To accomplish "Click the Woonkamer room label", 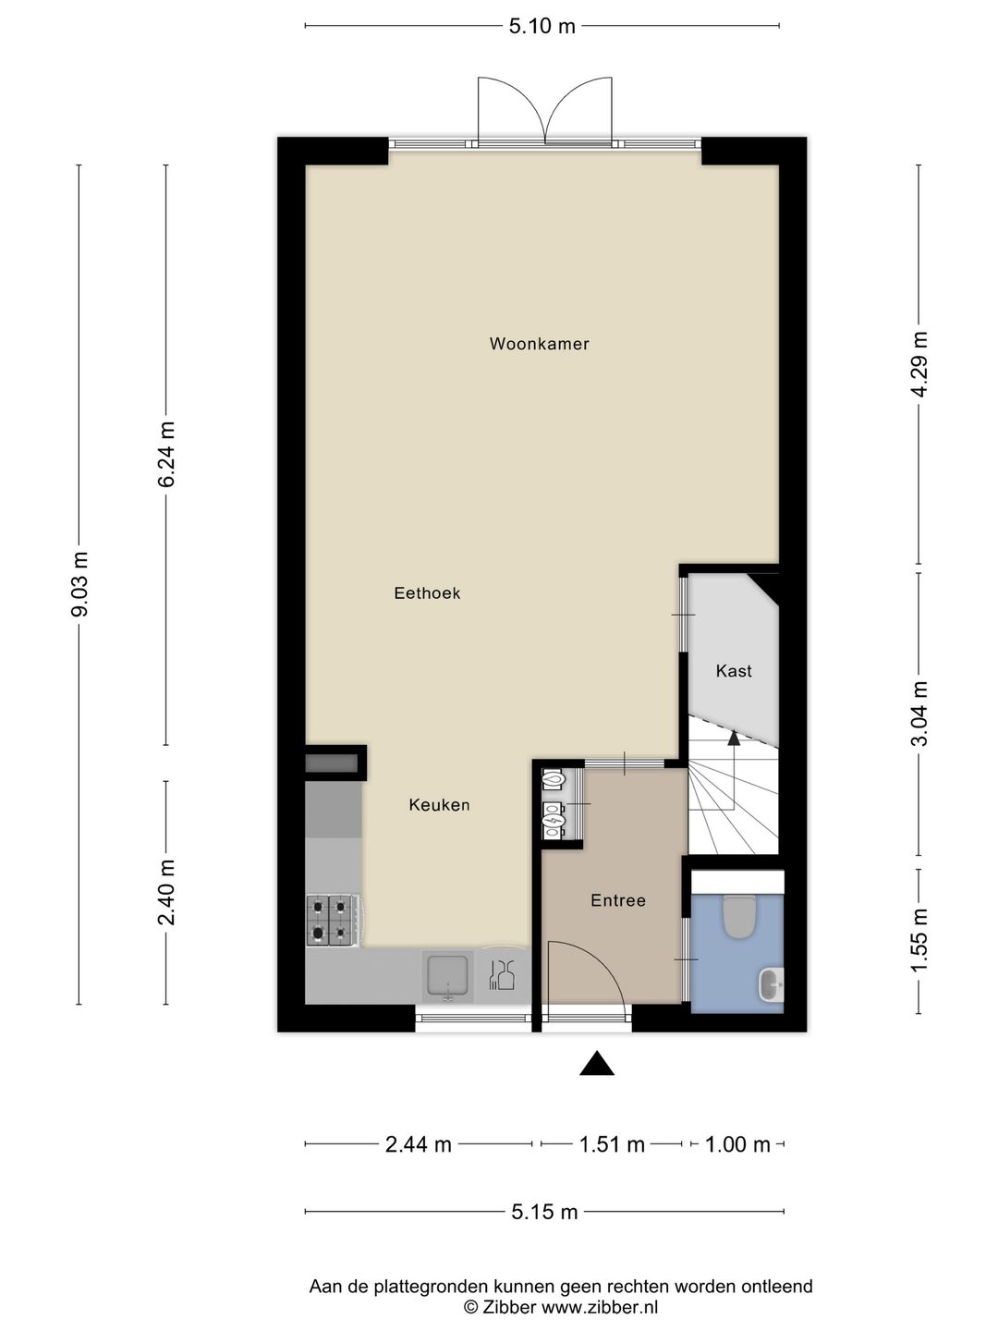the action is pyautogui.click(x=540, y=344).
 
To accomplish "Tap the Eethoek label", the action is pyautogui.click(x=427, y=593).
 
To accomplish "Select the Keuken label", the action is pyautogui.click(x=439, y=805).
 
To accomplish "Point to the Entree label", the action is pyautogui.click(x=618, y=900).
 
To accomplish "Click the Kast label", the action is pyautogui.click(x=734, y=671).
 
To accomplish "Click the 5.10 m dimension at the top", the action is pyautogui.click(x=542, y=26).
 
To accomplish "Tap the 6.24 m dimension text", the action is pyautogui.click(x=166, y=454).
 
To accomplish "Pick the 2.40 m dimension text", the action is pyautogui.click(x=166, y=892).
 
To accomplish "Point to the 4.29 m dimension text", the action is pyautogui.click(x=919, y=364).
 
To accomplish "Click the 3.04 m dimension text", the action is pyautogui.click(x=919, y=714).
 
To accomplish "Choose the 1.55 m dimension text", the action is pyautogui.click(x=919, y=941).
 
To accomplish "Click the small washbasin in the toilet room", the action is pyautogui.click(x=772, y=984).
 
